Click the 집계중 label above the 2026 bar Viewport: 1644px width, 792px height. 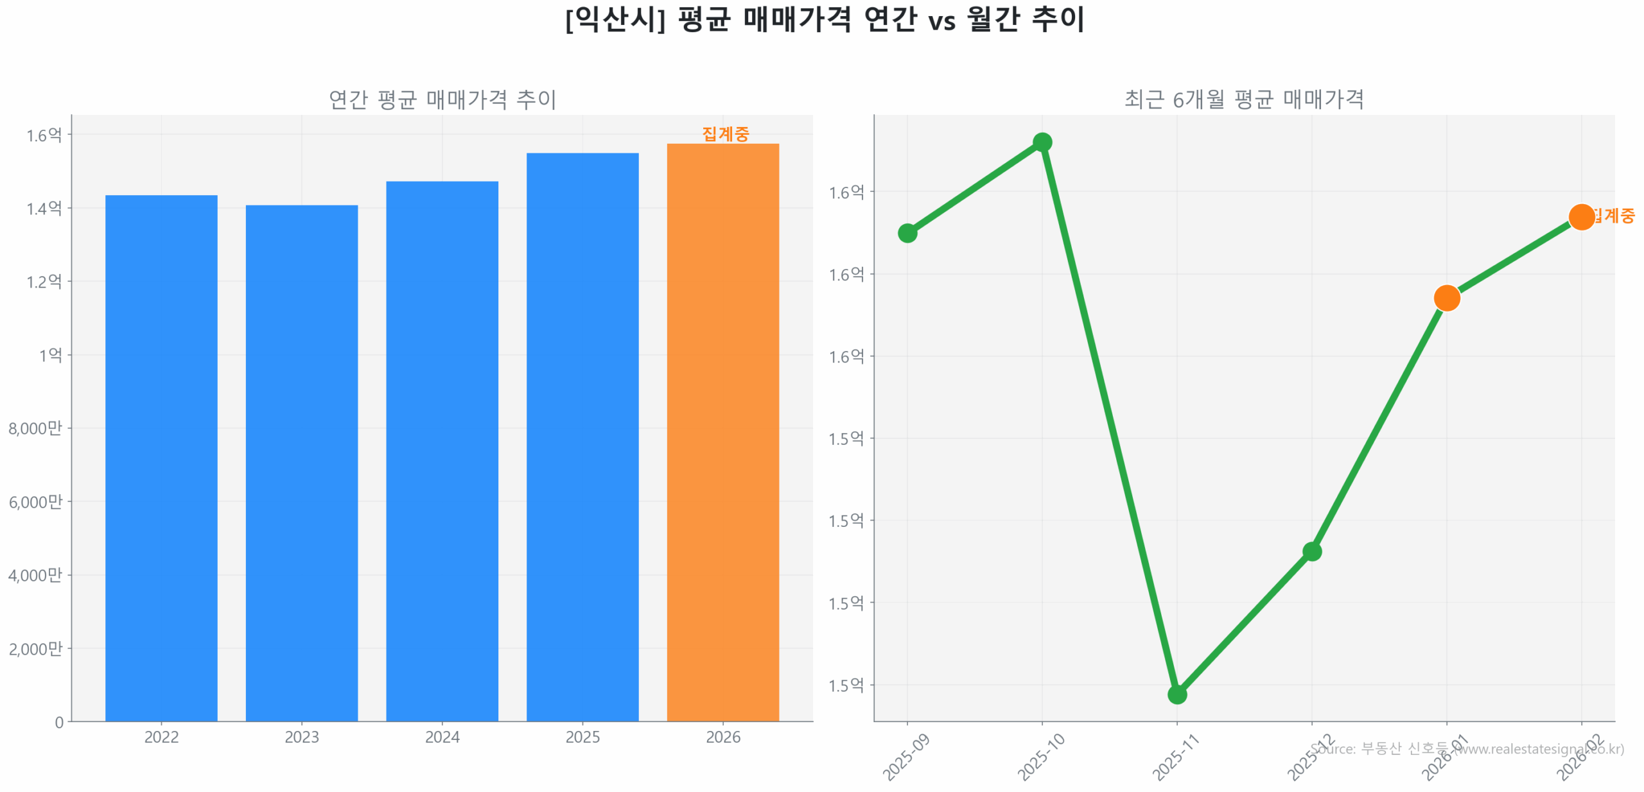point(725,133)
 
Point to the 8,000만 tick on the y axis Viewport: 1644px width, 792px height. point(35,428)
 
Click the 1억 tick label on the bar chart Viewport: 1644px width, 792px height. point(50,355)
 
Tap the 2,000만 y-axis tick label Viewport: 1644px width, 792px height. point(35,648)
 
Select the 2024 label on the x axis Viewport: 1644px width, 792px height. point(442,737)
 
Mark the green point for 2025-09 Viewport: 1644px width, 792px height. point(907,232)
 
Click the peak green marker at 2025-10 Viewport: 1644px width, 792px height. point(1042,142)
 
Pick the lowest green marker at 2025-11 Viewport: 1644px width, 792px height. point(1176,694)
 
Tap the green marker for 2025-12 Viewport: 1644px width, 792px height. point(1311,551)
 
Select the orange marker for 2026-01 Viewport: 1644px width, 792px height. point(1446,298)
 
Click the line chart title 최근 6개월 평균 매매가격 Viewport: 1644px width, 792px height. point(1243,99)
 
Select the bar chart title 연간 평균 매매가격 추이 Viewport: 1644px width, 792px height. point(442,99)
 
